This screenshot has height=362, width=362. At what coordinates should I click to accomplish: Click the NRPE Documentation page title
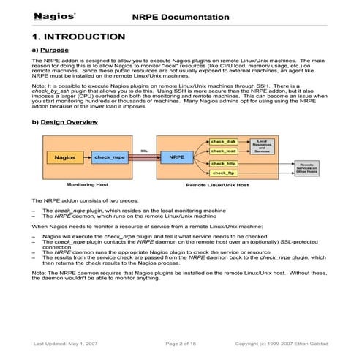[180, 16]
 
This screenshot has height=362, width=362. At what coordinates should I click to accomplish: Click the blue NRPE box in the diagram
[176, 157]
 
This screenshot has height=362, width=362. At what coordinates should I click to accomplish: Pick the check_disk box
[223, 141]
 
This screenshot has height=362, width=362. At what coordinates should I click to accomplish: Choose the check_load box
[223, 151]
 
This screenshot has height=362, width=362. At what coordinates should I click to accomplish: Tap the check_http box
[223, 163]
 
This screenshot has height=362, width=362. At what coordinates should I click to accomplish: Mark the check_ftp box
[223, 173]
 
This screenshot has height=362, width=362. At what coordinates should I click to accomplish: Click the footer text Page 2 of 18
[182, 343]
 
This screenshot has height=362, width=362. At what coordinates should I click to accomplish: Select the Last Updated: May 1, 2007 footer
[67, 343]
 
